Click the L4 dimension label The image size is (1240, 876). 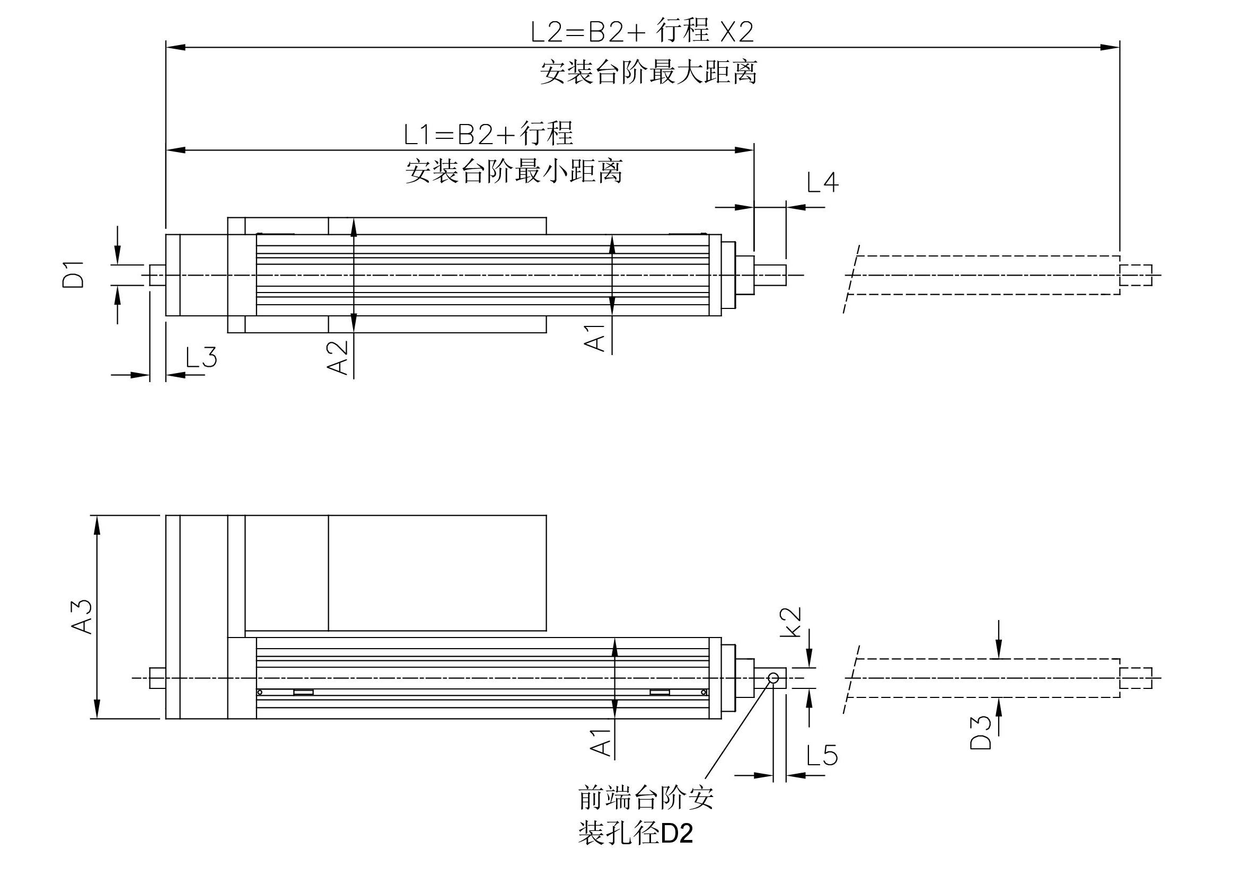pyautogui.click(x=822, y=182)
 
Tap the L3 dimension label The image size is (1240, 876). pyautogui.click(x=201, y=357)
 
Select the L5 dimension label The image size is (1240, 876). pyautogui.click(x=822, y=755)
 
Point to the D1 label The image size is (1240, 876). pyautogui.click(x=74, y=274)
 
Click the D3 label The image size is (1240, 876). pyautogui.click(x=980, y=733)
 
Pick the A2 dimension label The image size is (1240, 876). pyautogui.click(x=338, y=357)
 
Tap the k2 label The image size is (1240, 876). pyautogui.click(x=790, y=622)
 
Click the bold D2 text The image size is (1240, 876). pyautogui.click(x=676, y=834)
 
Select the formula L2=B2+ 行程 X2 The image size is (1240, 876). pyautogui.click(x=642, y=31)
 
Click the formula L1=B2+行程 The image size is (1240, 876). pyautogui.click(x=488, y=134)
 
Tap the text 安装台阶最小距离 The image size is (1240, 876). pyautogui.click(x=514, y=171)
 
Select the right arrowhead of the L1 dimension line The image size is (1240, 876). pyautogui.click(x=745, y=149)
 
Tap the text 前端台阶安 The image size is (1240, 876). pyautogui.click(x=646, y=797)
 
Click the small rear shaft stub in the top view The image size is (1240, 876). pyautogui.click(x=157, y=275)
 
